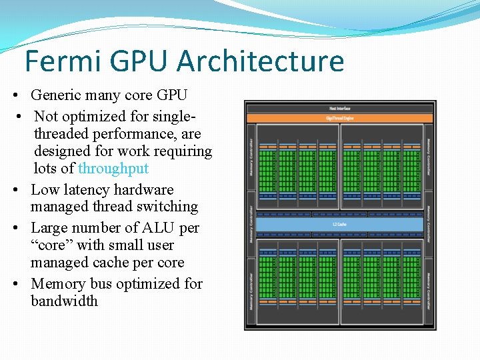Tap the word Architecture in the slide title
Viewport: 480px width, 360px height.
(x=261, y=61)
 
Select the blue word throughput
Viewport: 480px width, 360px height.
(x=113, y=168)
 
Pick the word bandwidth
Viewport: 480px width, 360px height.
(x=64, y=301)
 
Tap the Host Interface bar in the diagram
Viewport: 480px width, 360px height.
(x=340, y=108)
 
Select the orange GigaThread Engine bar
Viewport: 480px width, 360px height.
(x=340, y=118)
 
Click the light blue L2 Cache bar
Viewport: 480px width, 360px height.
(x=340, y=225)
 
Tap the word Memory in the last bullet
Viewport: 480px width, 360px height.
(x=57, y=284)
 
